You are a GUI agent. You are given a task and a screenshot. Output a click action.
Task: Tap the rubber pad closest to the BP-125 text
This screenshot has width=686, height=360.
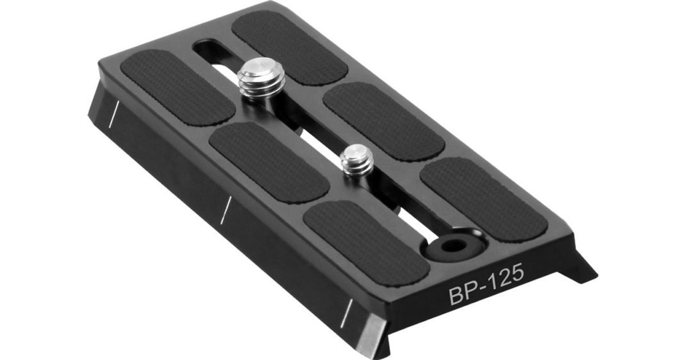(x=367, y=243)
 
